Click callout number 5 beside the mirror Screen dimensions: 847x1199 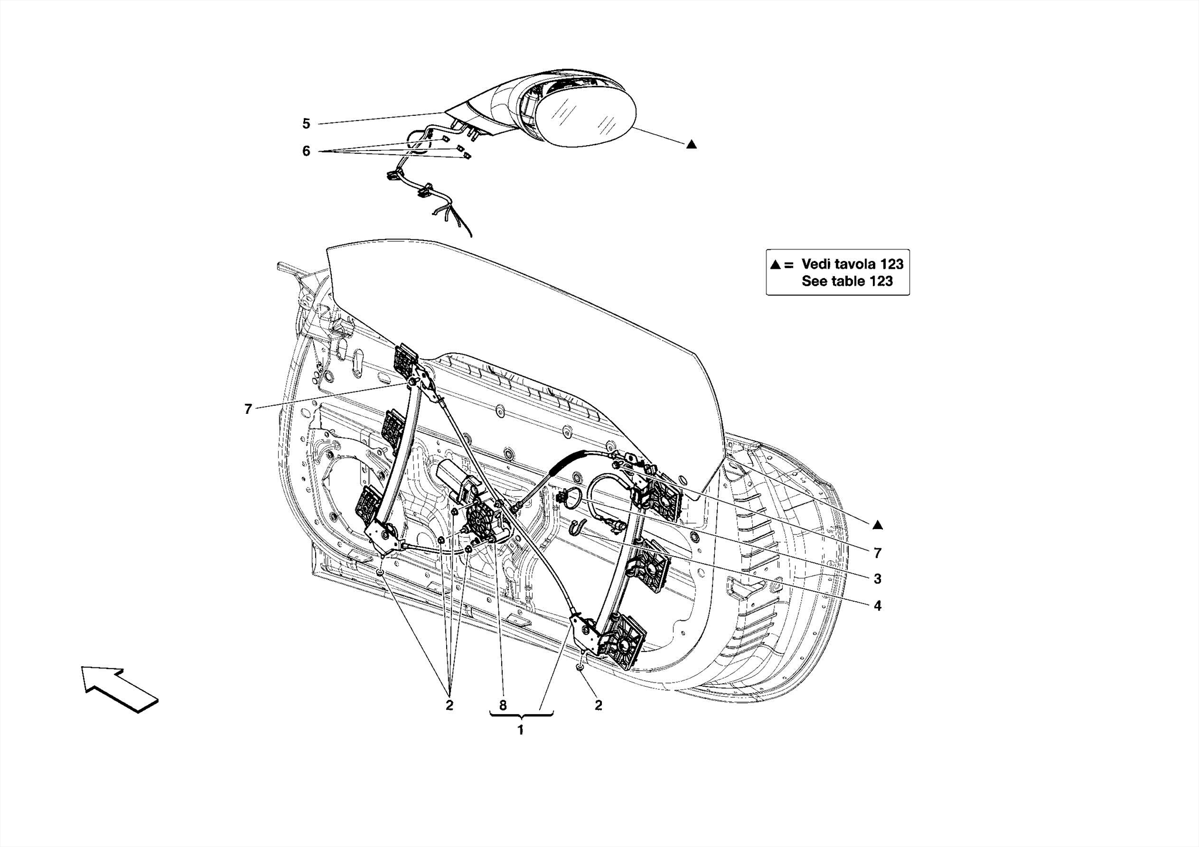click(x=306, y=124)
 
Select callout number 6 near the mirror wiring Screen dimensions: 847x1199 click(x=306, y=151)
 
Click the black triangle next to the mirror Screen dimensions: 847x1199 click(x=691, y=144)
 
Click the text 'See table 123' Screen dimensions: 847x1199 click(x=847, y=281)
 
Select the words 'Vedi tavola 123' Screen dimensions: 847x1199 click(x=852, y=264)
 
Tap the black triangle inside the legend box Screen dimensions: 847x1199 click(x=775, y=265)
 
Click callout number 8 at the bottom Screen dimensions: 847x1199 click(x=503, y=705)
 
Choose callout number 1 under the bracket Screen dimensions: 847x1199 click(x=520, y=730)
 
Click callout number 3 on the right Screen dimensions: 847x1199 click(x=877, y=579)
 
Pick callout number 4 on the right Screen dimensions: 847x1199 click(x=877, y=606)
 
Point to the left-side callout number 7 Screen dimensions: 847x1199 click(x=248, y=409)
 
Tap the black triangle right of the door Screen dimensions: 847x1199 click(x=877, y=525)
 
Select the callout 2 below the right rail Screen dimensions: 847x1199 click(x=598, y=705)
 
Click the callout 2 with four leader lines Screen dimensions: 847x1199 click(x=449, y=705)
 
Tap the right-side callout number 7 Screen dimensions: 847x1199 click(x=877, y=553)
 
